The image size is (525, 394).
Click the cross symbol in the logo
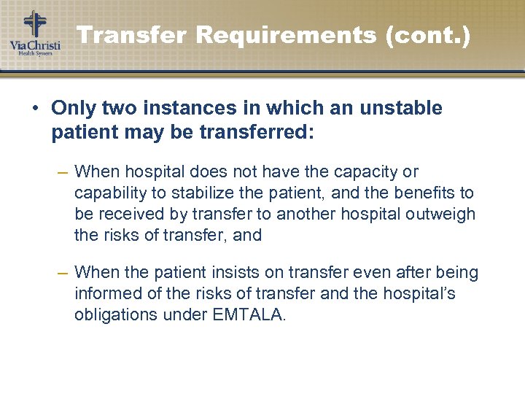(34, 24)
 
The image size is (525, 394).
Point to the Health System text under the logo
(35, 53)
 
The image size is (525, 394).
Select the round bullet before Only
(35, 109)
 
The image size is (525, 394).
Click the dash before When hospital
(63, 172)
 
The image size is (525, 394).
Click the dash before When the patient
(63, 273)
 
